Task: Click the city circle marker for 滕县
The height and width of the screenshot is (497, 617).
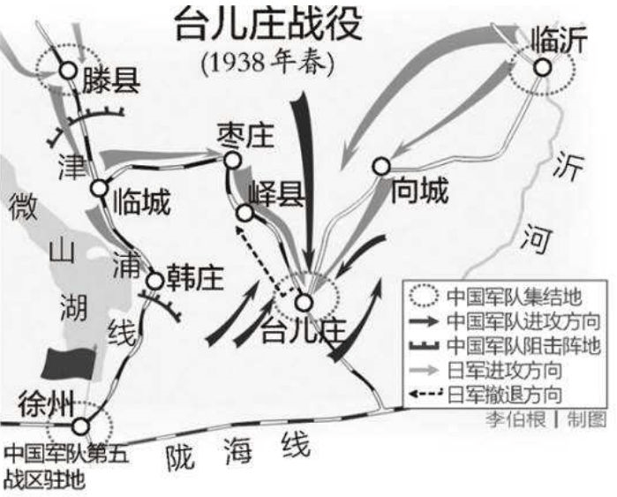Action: coord(66,71)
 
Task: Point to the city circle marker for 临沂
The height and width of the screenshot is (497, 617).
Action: coord(543,66)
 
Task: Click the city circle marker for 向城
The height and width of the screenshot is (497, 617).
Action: coord(381,165)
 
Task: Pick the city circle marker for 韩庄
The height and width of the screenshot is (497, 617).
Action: coord(154,281)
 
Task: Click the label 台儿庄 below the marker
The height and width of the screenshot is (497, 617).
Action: coord(301,332)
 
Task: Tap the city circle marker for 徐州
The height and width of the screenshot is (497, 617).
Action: coord(81,425)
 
